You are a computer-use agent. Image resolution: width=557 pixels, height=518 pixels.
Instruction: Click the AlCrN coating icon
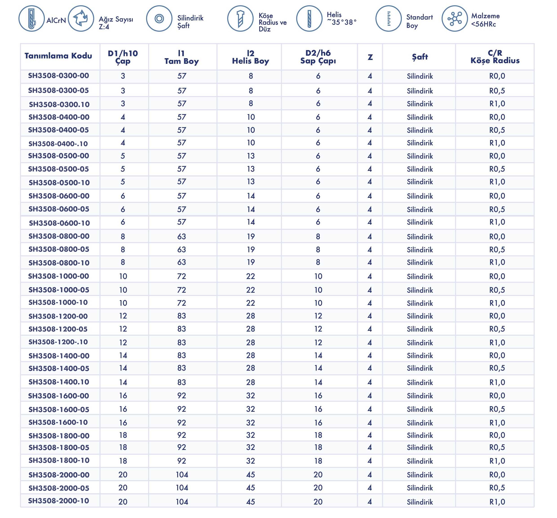coord(31,18)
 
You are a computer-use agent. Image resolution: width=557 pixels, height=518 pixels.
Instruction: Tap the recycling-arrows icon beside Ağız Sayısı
coord(81,18)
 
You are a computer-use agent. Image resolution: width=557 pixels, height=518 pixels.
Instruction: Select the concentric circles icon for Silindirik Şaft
coord(159,18)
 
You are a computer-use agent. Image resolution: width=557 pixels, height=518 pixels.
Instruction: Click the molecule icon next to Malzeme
coord(454,18)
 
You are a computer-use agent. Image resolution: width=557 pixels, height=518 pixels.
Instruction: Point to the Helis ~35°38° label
coord(341,18)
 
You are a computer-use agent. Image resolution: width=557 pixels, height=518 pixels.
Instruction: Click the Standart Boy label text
coord(419,21)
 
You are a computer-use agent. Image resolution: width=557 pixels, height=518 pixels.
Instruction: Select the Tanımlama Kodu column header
coord(58,56)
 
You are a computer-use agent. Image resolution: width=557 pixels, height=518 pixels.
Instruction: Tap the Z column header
coord(370,57)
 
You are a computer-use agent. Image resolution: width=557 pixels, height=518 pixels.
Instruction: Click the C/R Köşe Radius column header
coord(495,57)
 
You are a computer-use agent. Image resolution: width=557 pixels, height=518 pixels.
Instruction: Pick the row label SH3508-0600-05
coord(59,209)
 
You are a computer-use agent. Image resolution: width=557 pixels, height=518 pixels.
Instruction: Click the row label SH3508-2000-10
coord(59,501)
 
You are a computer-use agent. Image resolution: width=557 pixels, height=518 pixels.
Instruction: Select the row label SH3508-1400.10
coord(59,382)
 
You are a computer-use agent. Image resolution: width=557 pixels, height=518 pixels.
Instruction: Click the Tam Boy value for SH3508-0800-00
coord(181,237)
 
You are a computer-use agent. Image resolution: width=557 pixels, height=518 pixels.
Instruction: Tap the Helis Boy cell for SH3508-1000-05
coord(250,290)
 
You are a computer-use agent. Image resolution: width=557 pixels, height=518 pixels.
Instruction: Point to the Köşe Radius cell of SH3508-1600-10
coord(497,423)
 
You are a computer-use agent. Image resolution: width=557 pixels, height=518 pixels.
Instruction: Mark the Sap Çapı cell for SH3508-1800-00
coord(318,435)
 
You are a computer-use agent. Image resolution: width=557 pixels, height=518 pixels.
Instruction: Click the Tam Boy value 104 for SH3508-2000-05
coord(182,488)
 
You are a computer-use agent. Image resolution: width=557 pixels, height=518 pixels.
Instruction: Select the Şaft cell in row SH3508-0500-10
coord(420,182)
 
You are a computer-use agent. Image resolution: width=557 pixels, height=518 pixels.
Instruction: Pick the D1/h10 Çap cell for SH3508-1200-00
coord(123,316)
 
